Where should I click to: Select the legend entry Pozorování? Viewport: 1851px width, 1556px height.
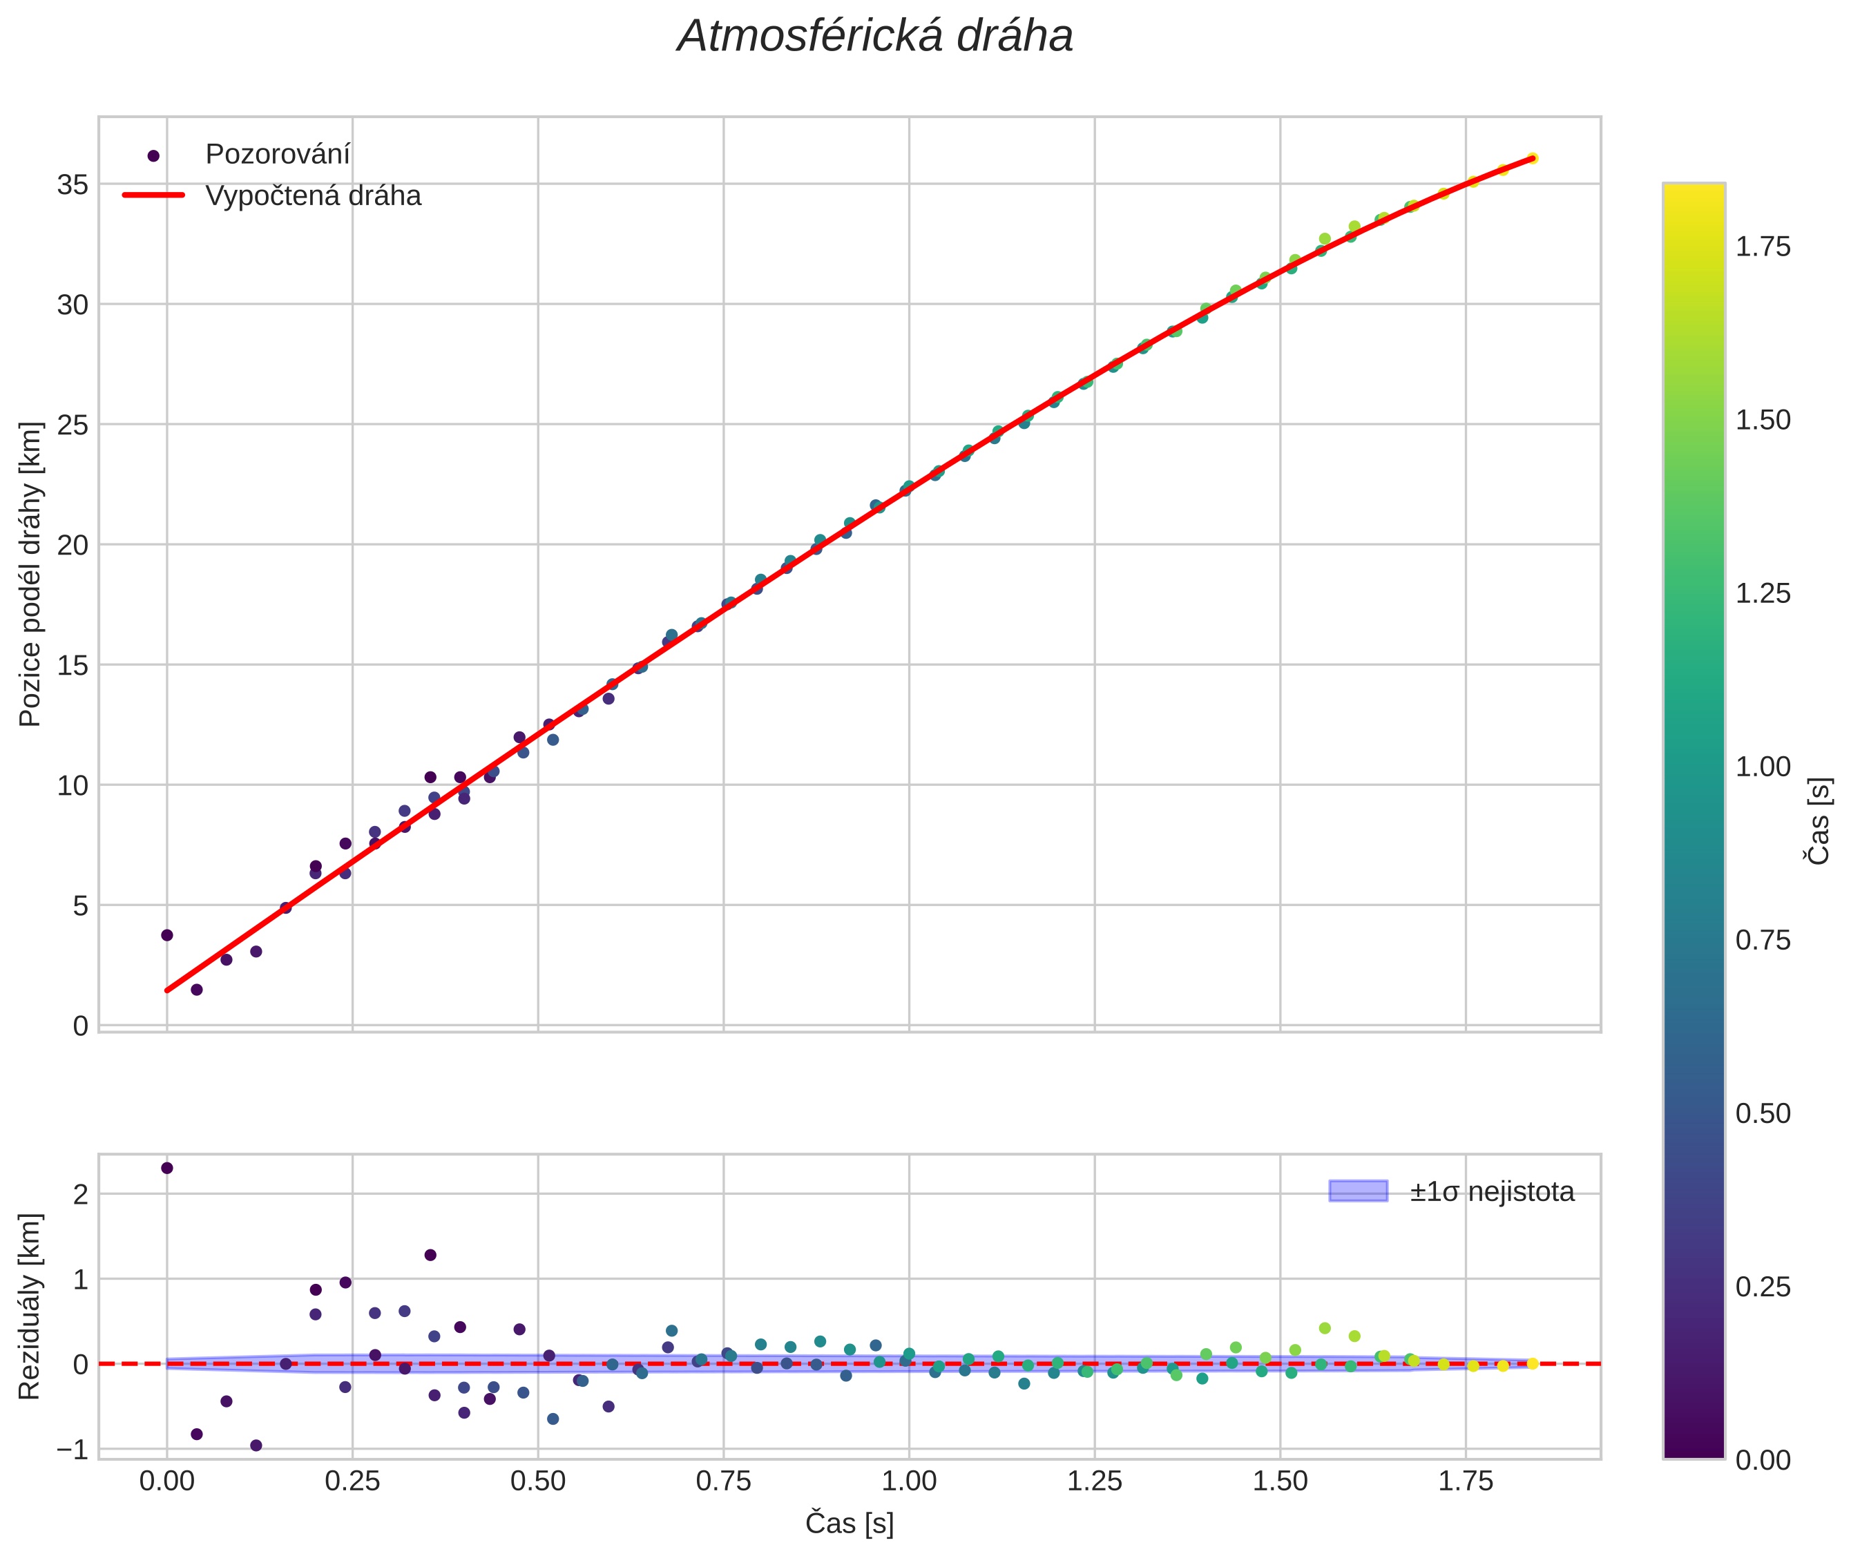277,155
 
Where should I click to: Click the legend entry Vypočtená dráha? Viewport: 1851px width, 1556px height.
312,196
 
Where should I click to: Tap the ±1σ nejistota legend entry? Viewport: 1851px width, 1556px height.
1490,1192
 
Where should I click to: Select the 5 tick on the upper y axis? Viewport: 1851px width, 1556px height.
80,906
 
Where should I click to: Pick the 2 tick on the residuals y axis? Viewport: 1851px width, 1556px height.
80,1194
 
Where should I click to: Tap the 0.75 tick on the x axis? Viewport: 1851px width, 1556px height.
723,1481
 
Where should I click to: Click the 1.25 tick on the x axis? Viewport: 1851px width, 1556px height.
1094,1481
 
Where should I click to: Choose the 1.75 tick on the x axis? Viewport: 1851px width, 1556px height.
1466,1481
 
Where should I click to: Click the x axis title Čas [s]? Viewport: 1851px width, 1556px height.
849,1524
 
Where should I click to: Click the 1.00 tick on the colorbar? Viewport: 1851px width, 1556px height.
1763,767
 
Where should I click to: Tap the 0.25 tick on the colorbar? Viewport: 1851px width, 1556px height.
1763,1287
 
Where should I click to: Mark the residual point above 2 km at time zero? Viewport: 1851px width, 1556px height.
166,1168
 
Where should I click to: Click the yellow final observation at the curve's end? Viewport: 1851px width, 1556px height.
1532,159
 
